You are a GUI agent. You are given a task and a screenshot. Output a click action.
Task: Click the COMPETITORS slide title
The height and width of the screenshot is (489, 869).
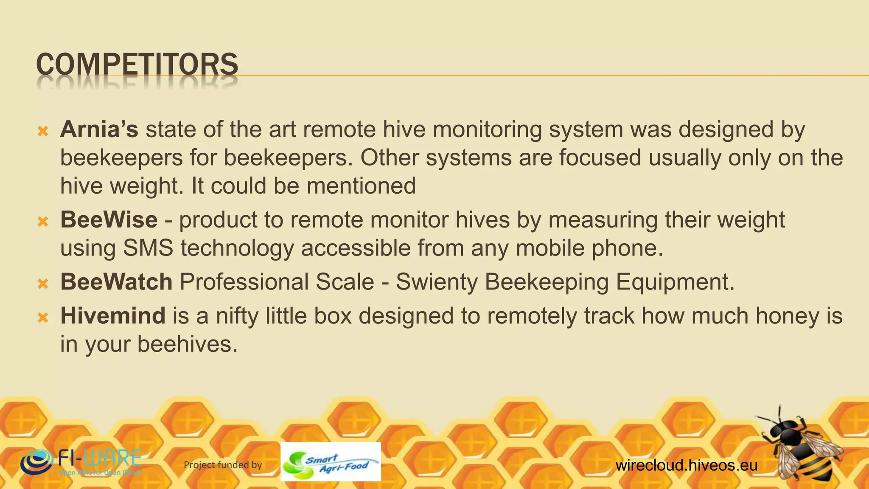tap(137, 65)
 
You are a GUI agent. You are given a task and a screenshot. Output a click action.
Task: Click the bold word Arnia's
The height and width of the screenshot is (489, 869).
tap(99, 129)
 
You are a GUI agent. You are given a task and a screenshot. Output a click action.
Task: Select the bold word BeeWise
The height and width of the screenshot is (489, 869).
tap(109, 220)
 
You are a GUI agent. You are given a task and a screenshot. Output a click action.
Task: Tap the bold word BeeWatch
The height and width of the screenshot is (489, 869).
tap(116, 282)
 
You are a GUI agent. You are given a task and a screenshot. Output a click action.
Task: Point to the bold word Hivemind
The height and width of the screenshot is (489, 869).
tap(113, 316)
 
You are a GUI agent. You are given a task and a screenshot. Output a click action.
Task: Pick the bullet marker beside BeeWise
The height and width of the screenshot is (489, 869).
tap(43, 222)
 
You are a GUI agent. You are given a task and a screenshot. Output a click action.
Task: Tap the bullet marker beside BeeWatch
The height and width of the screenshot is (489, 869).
tap(43, 284)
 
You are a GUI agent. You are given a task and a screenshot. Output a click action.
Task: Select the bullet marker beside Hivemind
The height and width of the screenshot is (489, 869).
tap(43, 318)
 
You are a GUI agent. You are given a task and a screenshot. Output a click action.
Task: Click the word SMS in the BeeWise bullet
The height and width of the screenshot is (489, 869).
tap(148, 248)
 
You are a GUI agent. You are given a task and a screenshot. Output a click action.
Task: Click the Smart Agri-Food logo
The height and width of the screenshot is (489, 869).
tap(331, 462)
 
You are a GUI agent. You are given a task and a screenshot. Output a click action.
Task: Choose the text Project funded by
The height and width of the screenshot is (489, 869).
tap(223, 465)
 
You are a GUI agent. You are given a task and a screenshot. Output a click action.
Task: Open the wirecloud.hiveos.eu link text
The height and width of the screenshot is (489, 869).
tap(686, 465)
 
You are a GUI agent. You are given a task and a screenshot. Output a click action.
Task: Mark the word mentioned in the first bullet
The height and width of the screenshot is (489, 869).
tap(361, 186)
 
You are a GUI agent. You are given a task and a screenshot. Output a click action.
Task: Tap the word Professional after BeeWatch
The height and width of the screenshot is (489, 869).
tap(277, 282)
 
